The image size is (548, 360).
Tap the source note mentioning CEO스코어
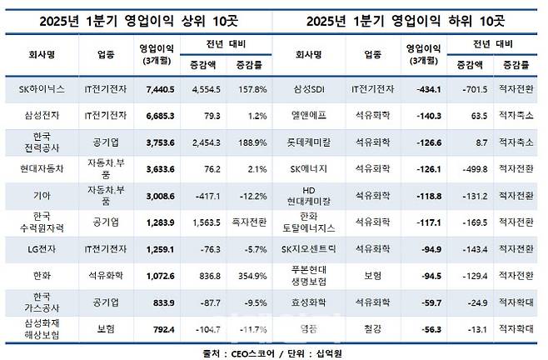click(x=273, y=352)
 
